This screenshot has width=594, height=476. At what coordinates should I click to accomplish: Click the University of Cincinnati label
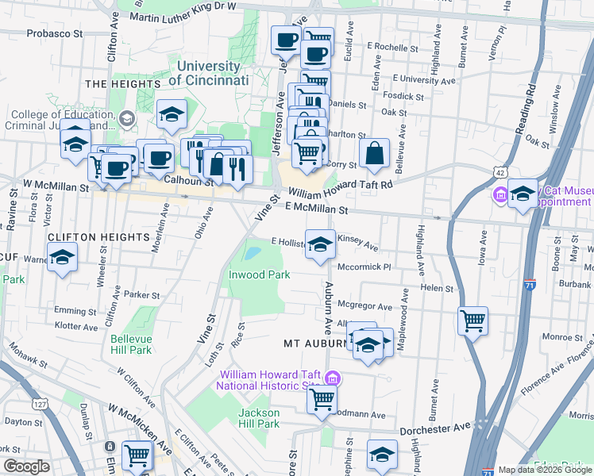click(x=210, y=74)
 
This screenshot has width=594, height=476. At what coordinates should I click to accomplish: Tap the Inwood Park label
click(x=260, y=274)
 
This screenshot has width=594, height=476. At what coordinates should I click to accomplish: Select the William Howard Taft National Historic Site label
click(x=272, y=380)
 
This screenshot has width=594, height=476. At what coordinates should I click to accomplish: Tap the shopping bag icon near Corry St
click(x=373, y=155)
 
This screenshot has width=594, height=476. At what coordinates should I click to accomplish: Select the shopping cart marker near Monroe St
click(x=472, y=320)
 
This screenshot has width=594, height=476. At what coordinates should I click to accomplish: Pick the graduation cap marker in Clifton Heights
click(x=62, y=256)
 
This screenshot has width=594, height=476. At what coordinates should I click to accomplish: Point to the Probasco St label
click(x=55, y=34)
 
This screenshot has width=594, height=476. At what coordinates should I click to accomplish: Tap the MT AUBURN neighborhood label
click(x=314, y=344)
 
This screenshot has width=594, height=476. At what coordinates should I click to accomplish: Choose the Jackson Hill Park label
click(x=260, y=418)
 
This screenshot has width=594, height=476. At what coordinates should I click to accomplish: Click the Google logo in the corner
click(x=27, y=466)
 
